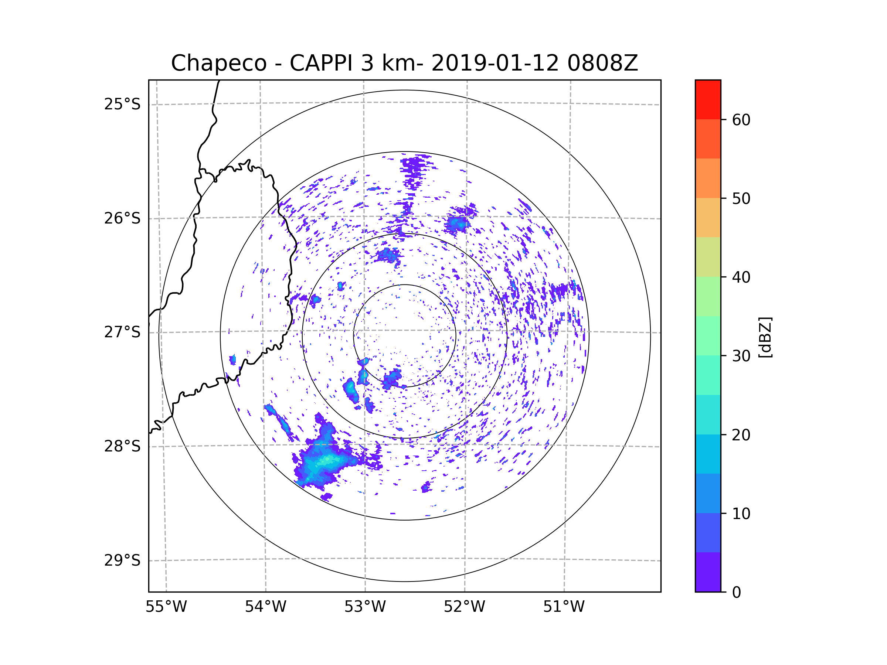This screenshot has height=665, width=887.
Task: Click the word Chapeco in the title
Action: coord(218,63)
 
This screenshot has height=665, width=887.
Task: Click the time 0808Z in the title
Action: coord(602,63)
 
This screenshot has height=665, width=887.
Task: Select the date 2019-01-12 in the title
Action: coord(495,63)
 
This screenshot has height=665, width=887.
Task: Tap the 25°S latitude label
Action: coord(122,104)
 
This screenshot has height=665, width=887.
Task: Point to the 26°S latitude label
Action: coord(122,218)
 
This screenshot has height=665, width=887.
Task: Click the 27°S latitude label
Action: coord(122,332)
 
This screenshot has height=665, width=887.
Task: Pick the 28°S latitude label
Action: coord(122,446)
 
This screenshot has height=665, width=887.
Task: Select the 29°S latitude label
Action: coord(122,560)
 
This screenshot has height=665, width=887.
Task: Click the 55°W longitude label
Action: coord(166,607)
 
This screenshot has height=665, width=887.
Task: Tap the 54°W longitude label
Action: coord(265,607)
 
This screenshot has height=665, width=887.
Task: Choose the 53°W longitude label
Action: coord(365,607)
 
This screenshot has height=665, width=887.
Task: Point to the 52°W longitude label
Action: coord(464,607)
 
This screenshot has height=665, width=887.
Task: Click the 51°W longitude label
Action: coord(564,607)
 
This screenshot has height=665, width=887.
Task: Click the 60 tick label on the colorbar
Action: coord(741,120)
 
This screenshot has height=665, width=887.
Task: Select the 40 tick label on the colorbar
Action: coord(741,277)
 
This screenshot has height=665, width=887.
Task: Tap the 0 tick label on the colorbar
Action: coord(737,593)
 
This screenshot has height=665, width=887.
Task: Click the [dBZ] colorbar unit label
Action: coord(765,337)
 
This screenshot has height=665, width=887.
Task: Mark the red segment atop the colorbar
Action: coord(708,99)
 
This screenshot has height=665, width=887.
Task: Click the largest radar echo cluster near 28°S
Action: coord(325,461)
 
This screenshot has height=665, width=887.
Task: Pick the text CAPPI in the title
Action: coord(321,63)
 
